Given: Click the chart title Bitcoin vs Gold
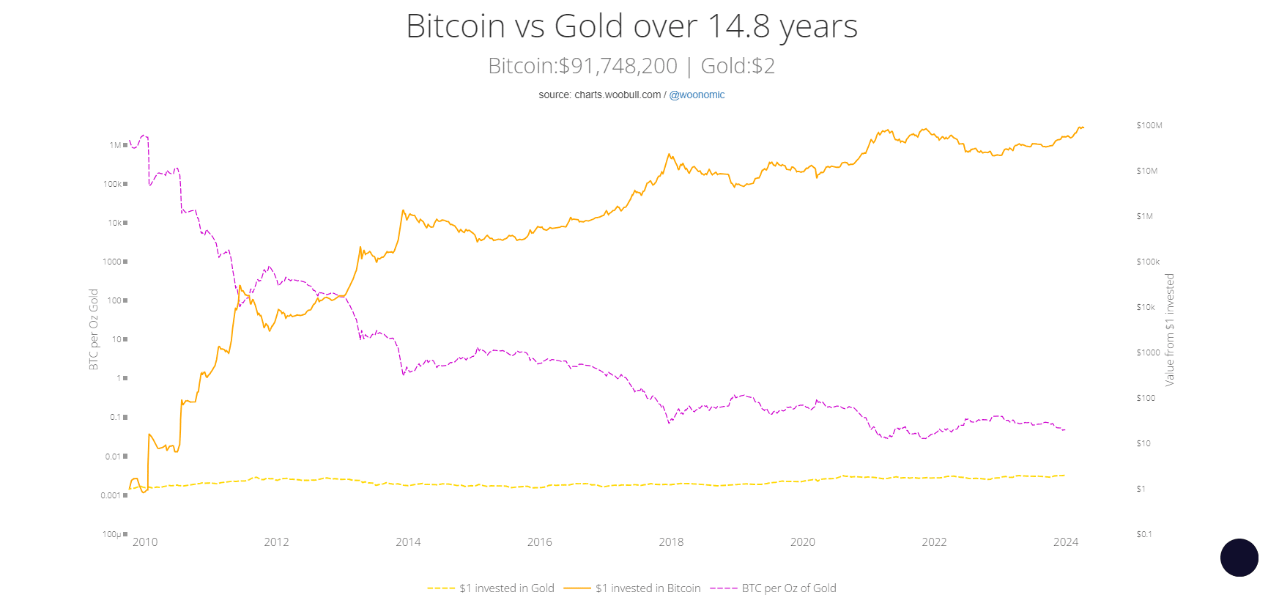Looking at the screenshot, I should click(631, 26).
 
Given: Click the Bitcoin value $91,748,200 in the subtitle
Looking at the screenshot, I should click(618, 66).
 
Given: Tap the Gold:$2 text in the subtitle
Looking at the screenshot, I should click(738, 66).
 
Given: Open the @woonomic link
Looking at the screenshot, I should click(697, 95).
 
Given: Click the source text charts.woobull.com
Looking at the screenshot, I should click(618, 95).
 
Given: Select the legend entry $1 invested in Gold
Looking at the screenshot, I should click(506, 588).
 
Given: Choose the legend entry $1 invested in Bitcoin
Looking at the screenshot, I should click(648, 588).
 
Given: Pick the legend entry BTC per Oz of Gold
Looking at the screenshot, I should click(788, 588).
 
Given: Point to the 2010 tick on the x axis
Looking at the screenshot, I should click(145, 542).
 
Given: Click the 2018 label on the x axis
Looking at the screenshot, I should click(671, 542).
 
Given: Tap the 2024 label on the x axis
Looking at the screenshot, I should click(1066, 542).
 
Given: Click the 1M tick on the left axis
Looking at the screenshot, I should click(115, 145).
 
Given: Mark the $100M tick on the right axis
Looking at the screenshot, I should click(1149, 125).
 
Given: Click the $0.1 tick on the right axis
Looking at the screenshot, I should click(1144, 534).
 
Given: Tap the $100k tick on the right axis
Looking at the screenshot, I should click(1148, 262).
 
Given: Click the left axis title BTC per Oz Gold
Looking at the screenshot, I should click(94, 329).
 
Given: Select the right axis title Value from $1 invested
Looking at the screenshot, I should click(1170, 330).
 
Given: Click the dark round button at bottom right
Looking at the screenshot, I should click(1239, 558).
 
